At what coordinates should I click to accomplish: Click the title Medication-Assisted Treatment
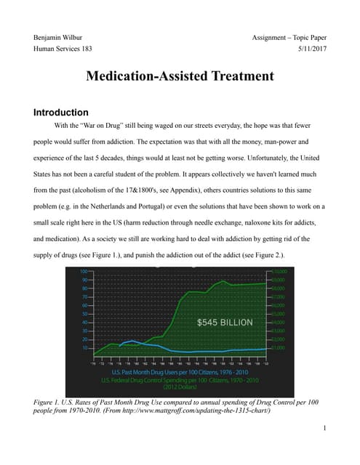tap(180, 76)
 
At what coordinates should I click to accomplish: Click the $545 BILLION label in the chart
tap(225, 321)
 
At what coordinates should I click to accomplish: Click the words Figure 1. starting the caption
tap(51, 401)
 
